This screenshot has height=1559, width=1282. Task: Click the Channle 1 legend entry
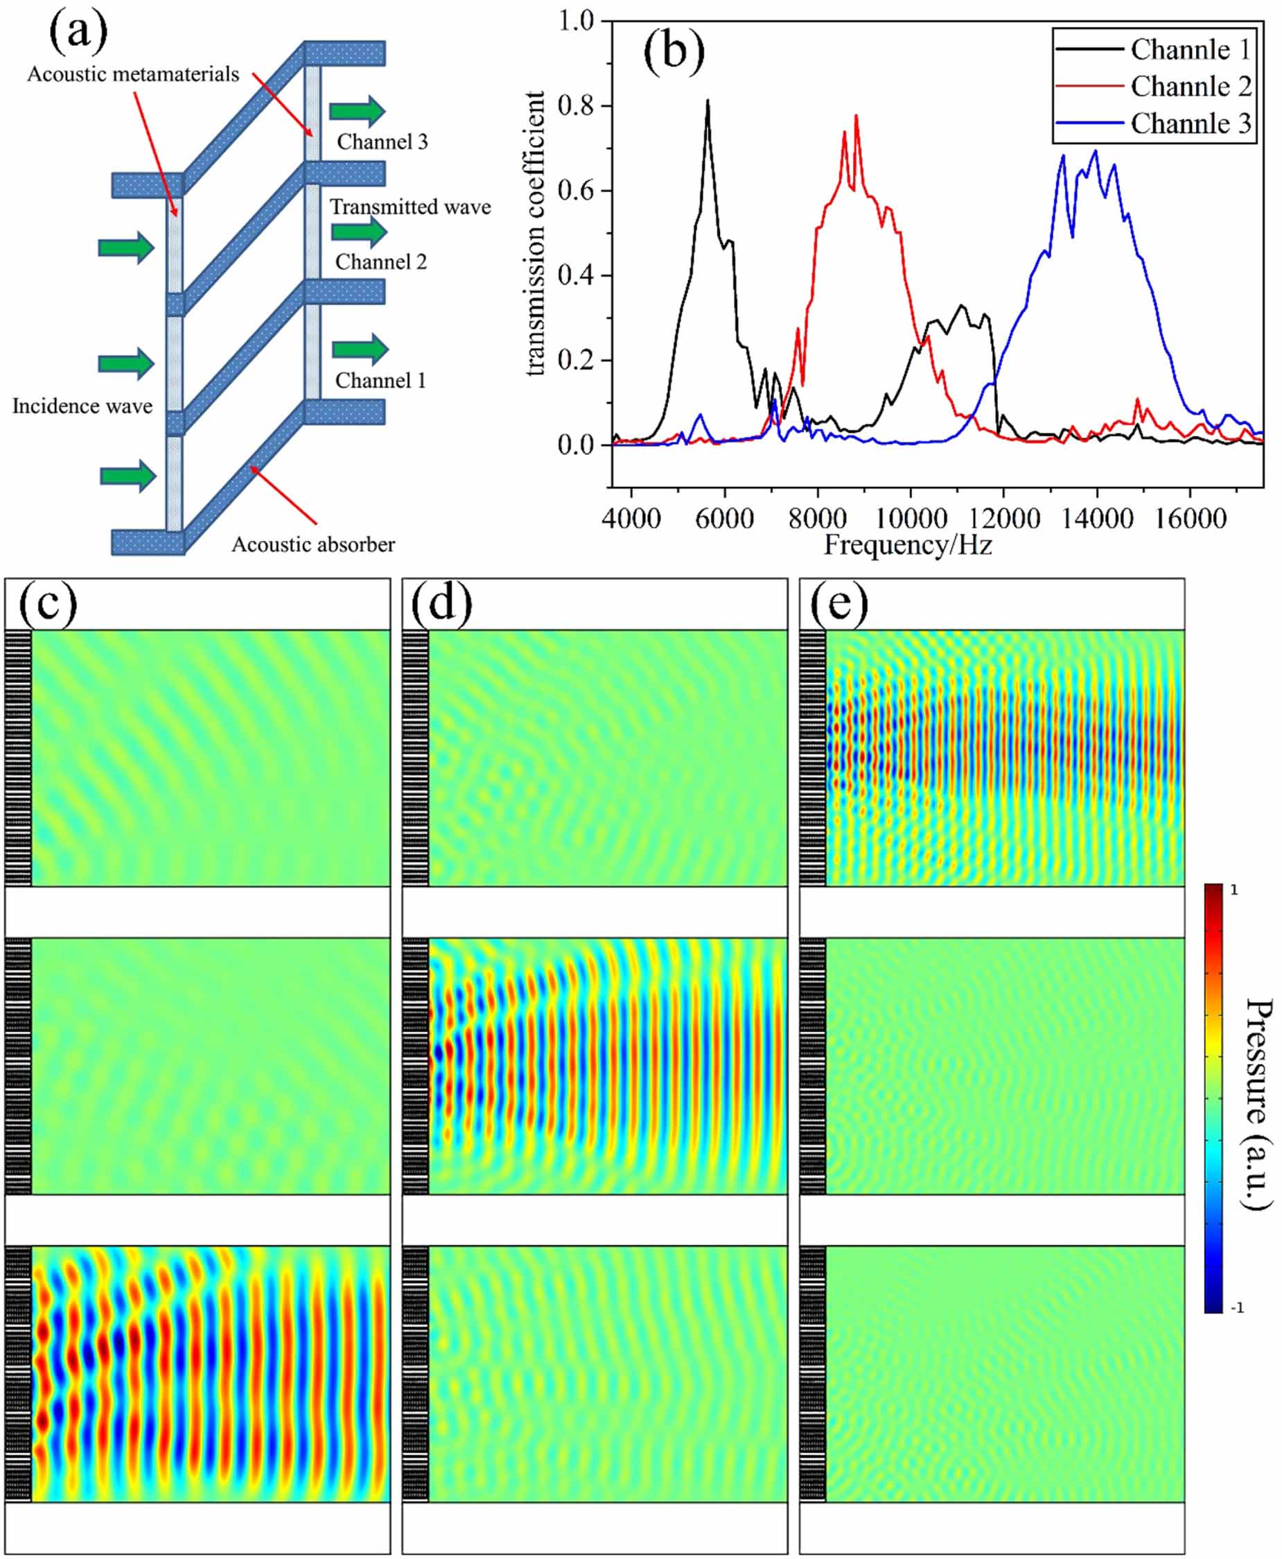point(1190,49)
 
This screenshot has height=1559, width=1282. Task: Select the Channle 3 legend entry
point(1190,123)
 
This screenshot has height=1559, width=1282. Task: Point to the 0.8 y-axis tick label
point(575,105)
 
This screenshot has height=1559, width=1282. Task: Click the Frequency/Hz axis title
point(908,544)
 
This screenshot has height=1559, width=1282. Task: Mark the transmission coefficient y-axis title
point(535,234)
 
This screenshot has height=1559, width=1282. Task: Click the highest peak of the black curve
point(708,101)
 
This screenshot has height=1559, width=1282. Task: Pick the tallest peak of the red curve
point(856,116)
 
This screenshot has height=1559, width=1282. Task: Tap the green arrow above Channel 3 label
point(357,111)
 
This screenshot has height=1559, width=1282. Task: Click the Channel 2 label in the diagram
point(381,261)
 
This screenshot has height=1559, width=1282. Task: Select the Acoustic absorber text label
point(313,544)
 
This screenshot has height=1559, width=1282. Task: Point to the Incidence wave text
point(82,406)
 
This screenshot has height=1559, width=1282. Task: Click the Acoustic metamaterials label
point(133,74)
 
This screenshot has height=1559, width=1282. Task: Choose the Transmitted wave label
point(410,207)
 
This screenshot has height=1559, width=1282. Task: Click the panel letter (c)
point(47,603)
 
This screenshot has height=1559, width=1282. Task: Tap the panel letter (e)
point(839,603)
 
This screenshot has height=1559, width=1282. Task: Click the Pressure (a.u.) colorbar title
point(1258,1104)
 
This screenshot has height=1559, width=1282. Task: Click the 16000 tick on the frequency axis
point(1190,518)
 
